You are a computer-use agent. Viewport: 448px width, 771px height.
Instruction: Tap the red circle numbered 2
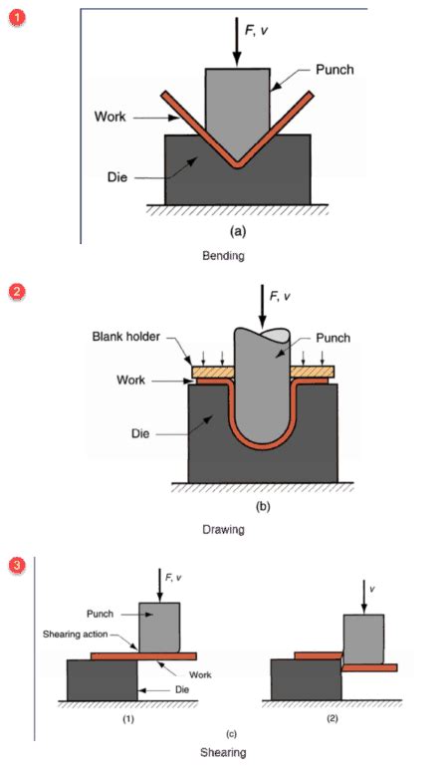coord(16,292)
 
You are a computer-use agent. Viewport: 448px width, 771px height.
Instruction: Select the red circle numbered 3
coord(16,566)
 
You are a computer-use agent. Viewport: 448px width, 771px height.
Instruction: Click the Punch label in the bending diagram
coord(335,70)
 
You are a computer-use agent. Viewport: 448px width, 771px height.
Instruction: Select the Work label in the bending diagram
coord(111,118)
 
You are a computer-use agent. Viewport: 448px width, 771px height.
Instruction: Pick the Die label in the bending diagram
coord(116,176)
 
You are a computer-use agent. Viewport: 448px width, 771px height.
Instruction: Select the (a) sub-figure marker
coord(237,230)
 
